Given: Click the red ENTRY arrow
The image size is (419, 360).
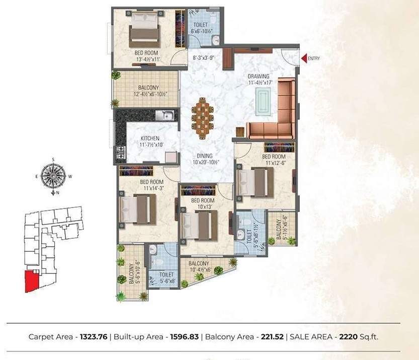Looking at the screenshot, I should coord(304,58).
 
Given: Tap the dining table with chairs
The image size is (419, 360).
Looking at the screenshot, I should coord(202,118).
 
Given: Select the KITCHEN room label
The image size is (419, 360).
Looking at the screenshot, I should coord(150,138).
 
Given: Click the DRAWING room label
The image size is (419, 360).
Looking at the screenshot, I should coord(258,77).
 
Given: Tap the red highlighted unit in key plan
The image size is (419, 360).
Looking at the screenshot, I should coord(32,280).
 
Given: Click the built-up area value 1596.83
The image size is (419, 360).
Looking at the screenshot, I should coord(182,336).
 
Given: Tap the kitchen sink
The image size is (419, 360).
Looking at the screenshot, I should coord(164,115).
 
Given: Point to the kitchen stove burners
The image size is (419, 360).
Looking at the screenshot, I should coord(121,151).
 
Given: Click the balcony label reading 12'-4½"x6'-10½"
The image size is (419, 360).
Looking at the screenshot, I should coord(146,91).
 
